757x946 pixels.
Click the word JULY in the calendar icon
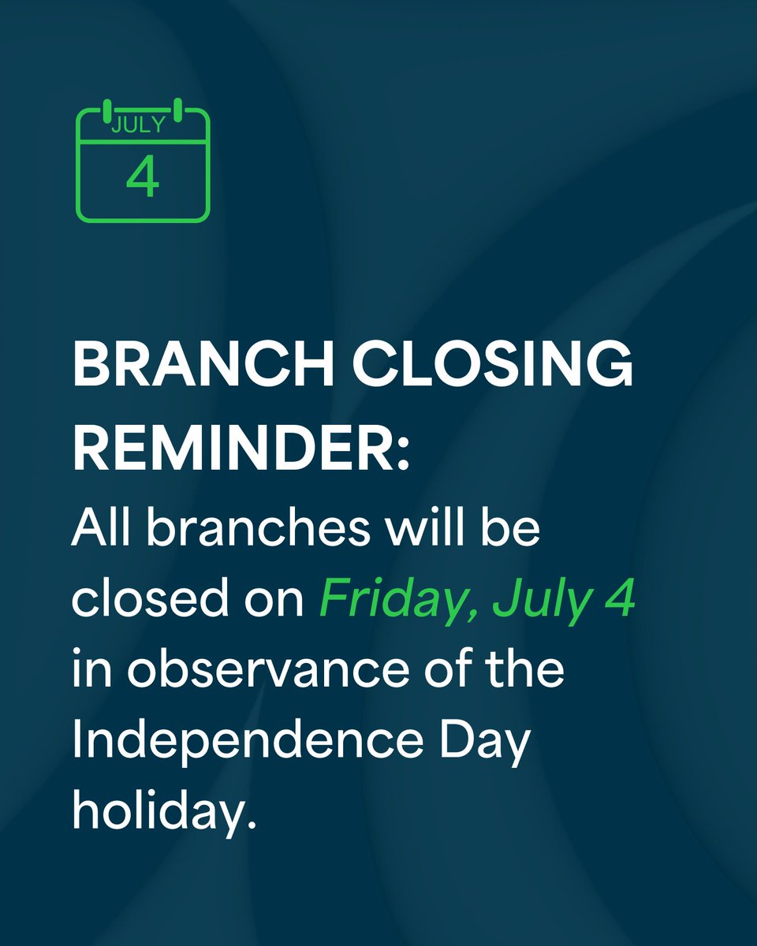139,125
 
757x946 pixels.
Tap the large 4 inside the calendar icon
143,177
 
